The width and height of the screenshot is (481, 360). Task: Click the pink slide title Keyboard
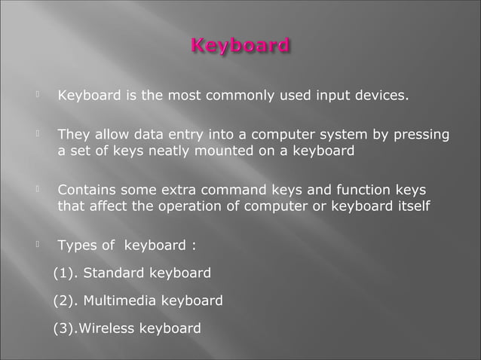240,47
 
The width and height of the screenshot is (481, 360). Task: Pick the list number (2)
66,301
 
